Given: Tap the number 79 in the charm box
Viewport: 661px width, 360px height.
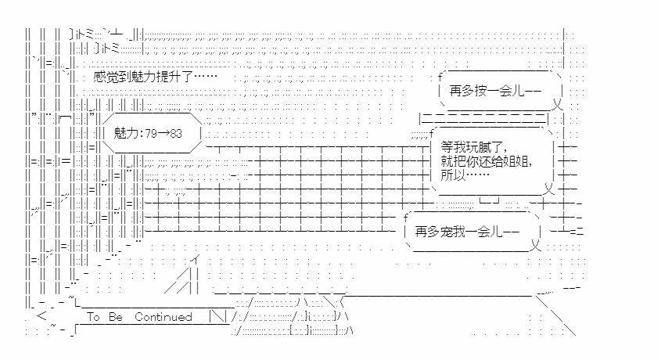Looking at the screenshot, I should pos(152,134).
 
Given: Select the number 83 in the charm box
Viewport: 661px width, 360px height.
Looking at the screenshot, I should pos(175,134).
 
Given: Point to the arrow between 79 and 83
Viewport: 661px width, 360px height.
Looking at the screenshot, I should pos(163,134).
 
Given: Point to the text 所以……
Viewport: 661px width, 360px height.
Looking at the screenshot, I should pos(460,176).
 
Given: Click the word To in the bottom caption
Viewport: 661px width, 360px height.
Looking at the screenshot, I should pos(94,317).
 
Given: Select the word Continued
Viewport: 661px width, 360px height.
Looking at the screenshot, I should pos(163,317).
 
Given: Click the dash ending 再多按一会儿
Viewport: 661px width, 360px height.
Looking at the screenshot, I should pos(529,91).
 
